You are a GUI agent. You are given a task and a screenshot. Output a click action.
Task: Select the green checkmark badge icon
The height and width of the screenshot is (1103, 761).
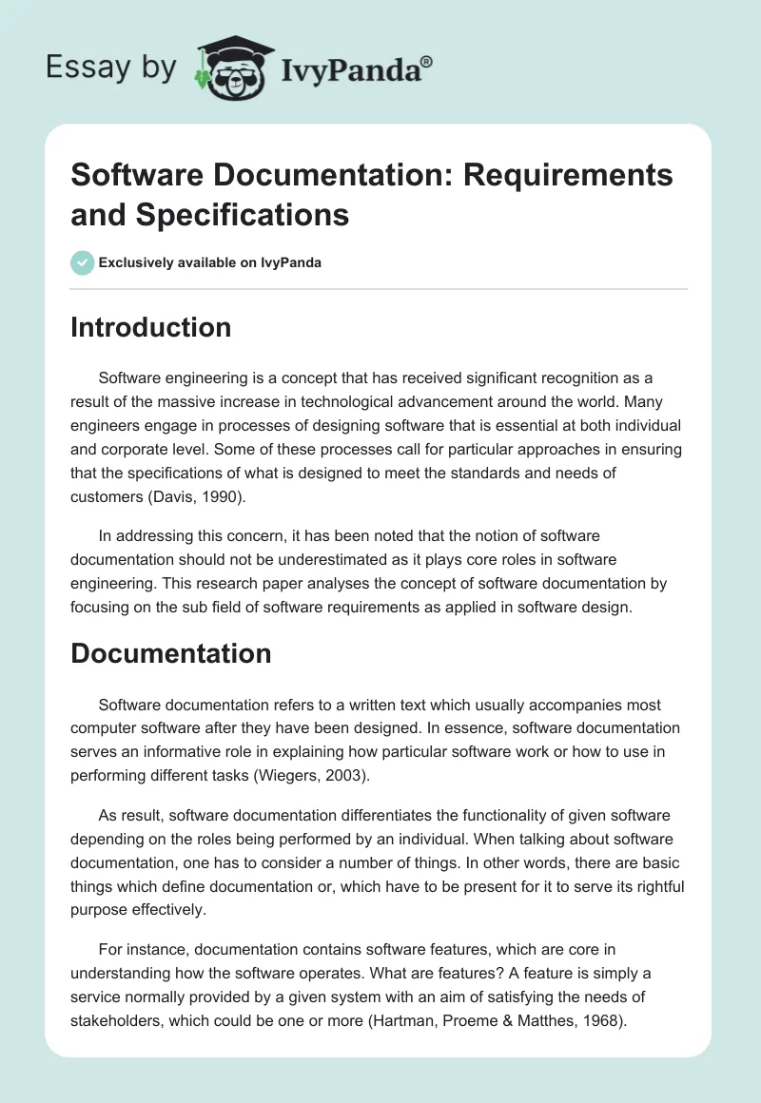(x=82, y=262)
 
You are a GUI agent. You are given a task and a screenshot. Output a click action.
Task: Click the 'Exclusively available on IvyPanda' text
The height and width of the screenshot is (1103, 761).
(x=210, y=262)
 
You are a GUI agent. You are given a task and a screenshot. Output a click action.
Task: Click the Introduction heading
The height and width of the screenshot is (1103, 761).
(x=151, y=327)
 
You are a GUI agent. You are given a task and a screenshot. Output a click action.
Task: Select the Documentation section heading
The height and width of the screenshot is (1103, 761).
(x=171, y=653)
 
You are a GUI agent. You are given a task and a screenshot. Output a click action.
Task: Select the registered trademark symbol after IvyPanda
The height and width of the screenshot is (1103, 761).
(x=426, y=60)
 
